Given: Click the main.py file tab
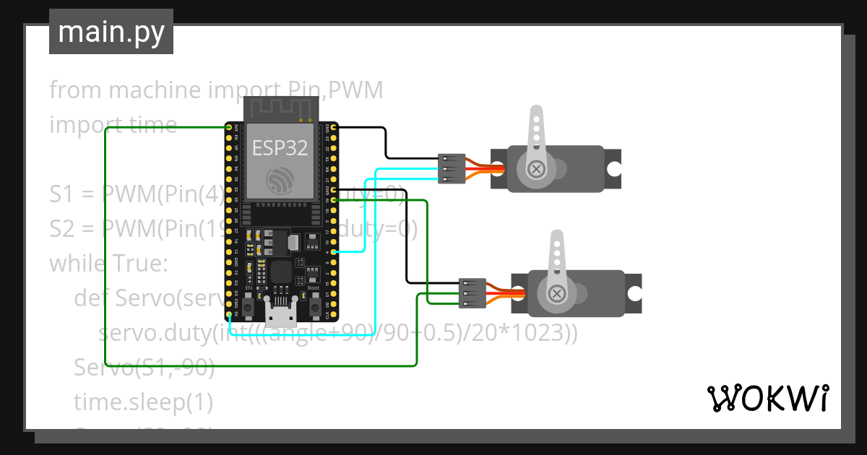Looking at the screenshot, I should pos(111,32).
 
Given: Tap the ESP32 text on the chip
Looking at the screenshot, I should pos(280,148).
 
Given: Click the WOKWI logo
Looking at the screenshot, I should pos(767,398).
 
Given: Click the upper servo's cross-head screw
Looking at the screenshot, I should pos(536,168).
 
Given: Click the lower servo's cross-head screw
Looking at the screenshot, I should pos(556,293).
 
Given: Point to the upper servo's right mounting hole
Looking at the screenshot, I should pos(613,169).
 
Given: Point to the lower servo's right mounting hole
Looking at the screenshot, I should pos(634,293).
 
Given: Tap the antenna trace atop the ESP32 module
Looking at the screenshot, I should pos(280,108).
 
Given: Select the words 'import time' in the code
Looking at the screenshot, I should pos(113,125).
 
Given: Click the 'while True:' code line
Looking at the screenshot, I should pos(108,263).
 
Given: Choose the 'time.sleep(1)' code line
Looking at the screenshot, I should pos(143,402).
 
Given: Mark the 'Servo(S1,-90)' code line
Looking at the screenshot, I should pos(144,368).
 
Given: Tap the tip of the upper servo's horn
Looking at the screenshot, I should pos(535,113).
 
